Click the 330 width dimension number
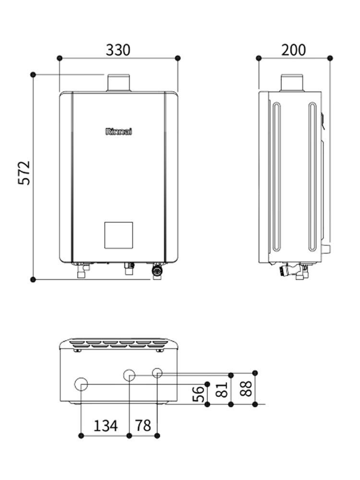118,50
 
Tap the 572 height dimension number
24,173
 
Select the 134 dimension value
105,425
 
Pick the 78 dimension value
143,425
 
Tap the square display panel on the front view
119,235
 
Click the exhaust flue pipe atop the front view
118,83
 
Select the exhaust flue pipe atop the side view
292,83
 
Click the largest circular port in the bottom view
82,384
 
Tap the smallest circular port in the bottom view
157,373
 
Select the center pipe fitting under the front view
128,269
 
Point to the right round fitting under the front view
157,271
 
